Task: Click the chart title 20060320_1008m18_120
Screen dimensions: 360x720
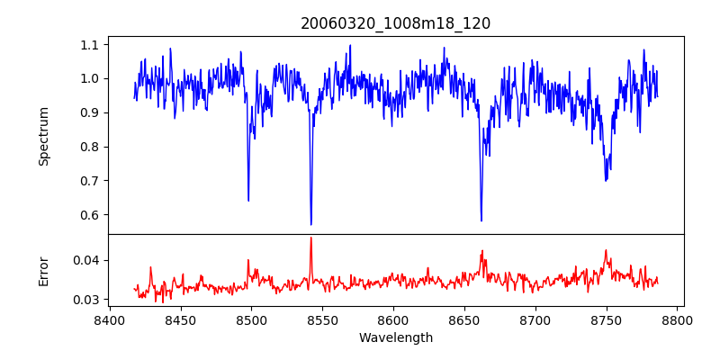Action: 395,23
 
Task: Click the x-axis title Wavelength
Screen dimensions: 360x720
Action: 395,337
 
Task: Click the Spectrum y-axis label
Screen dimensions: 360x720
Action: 43,136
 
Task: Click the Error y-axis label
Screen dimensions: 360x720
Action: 43,271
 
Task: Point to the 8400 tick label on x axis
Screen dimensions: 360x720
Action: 109,319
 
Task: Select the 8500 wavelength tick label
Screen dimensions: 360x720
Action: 251,319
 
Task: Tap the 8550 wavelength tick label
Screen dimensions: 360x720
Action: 322,319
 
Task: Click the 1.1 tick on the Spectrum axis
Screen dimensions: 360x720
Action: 90,44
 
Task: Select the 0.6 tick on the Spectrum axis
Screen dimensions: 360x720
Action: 90,215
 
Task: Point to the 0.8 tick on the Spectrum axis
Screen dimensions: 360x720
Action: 90,147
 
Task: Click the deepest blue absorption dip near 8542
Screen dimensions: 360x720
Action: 311,224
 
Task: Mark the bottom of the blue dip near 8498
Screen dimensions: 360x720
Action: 248,200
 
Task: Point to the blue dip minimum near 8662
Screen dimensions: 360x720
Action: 481,220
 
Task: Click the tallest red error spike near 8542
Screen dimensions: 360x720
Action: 311,238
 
